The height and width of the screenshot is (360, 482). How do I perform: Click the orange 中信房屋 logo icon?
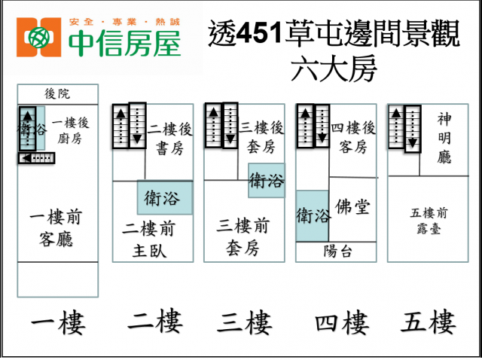(38, 37)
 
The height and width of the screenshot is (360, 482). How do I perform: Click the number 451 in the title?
(260, 32)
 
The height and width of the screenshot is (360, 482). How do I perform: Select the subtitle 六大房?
(334, 69)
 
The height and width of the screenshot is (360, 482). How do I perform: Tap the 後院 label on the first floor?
(57, 94)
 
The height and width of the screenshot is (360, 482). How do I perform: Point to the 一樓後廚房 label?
(70, 130)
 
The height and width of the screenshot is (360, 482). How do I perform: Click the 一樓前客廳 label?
(56, 227)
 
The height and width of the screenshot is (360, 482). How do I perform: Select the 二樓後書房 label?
(169, 139)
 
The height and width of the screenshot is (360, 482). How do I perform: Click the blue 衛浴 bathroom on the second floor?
(165, 197)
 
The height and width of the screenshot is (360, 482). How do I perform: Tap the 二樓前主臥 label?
(149, 239)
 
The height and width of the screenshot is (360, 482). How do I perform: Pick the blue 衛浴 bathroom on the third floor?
(267, 180)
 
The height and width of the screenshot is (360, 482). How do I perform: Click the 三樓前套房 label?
(243, 236)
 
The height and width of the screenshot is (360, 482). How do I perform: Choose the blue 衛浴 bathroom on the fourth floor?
(313, 216)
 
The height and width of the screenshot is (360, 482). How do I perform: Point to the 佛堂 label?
(352, 206)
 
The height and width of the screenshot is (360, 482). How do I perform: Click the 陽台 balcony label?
(337, 252)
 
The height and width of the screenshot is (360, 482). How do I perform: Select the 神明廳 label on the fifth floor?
(444, 138)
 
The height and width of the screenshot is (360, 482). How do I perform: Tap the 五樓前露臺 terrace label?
(429, 221)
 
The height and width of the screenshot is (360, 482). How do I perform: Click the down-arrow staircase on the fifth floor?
(413, 129)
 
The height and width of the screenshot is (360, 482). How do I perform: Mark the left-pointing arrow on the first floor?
(37, 158)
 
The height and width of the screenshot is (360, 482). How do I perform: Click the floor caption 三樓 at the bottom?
(245, 322)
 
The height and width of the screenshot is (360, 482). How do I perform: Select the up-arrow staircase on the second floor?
(120, 127)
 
